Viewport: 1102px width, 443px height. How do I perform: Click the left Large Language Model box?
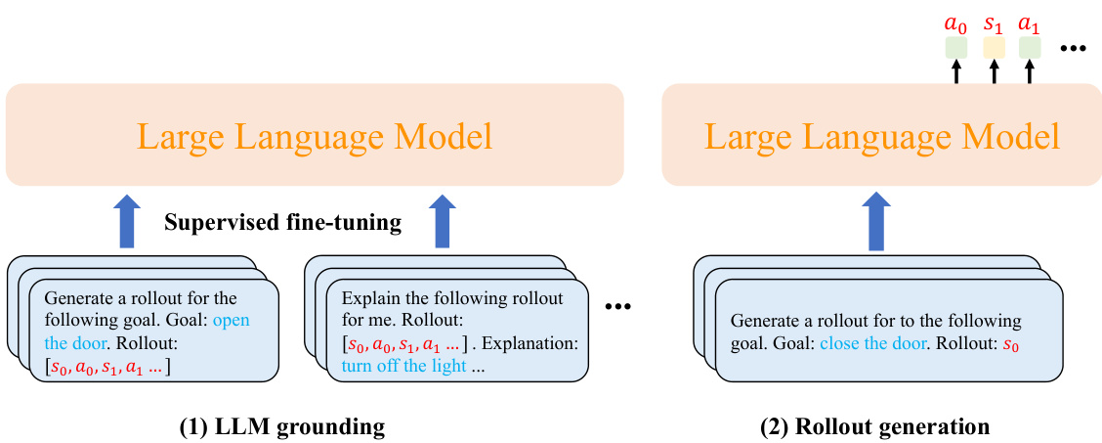[315, 135]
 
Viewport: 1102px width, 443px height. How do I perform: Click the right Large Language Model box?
[881, 135]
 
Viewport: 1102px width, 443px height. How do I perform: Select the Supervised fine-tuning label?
[283, 223]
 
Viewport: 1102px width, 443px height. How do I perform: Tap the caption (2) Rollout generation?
[874, 426]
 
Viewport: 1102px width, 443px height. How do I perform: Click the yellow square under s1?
[994, 47]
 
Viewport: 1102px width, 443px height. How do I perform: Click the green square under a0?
[956, 47]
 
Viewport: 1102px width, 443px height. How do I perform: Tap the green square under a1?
[1030, 47]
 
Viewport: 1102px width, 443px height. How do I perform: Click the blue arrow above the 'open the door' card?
[125, 221]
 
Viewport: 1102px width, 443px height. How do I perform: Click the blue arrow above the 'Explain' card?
[444, 221]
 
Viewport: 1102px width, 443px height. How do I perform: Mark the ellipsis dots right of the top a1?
[1074, 50]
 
